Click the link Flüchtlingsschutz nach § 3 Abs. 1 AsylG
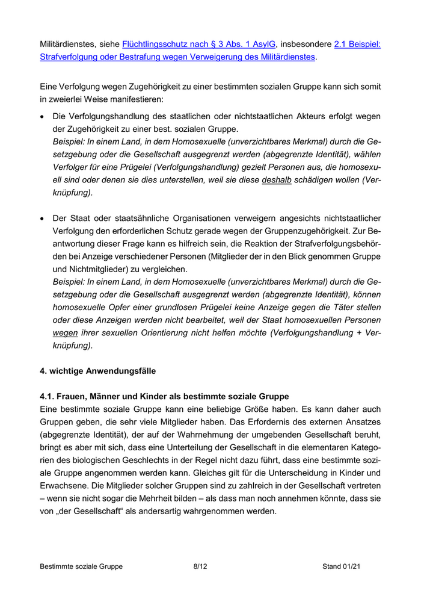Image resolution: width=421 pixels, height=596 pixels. pyautogui.click(x=198, y=44)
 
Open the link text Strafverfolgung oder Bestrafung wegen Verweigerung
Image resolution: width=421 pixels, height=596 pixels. pyautogui.click(x=177, y=57)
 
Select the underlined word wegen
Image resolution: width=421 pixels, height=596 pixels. pyautogui.click(x=66, y=332)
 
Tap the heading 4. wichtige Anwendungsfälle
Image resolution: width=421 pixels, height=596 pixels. pyautogui.click(x=97, y=371)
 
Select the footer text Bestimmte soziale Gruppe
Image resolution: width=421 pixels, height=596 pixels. pyautogui.click(x=81, y=567)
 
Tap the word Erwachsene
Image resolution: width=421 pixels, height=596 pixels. pyautogui.click(x=65, y=486)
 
